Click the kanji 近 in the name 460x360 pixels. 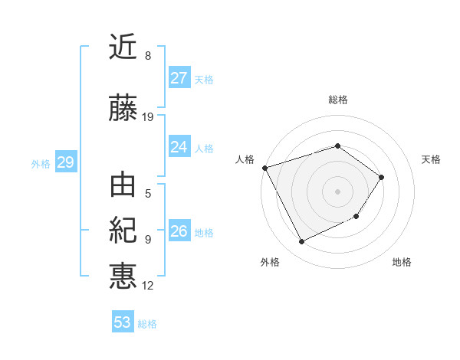coord(123,47)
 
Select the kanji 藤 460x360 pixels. coord(123,109)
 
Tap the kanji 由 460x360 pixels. coord(123,186)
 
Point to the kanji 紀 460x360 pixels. coord(123,231)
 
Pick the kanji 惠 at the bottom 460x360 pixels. coord(123,275)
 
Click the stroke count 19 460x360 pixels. coord(148,117)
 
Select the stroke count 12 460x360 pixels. coord(148,286)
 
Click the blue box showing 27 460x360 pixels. coord(179,78)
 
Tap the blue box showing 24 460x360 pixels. coord(179,147)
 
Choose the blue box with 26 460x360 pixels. coord(179,231)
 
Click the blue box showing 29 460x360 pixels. coord(65,162)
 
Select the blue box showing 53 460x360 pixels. coord(123,322)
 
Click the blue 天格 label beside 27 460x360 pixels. coord(204,80)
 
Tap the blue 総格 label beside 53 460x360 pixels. coord(147,324)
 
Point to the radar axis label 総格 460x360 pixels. coord(338,100)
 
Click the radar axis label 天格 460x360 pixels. coord(432,159)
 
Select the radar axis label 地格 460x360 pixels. coord(402,262)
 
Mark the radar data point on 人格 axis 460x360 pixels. coord(264,168)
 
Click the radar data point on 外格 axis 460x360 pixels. coord(301,242)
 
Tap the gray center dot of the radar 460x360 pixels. coord(337,191)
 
